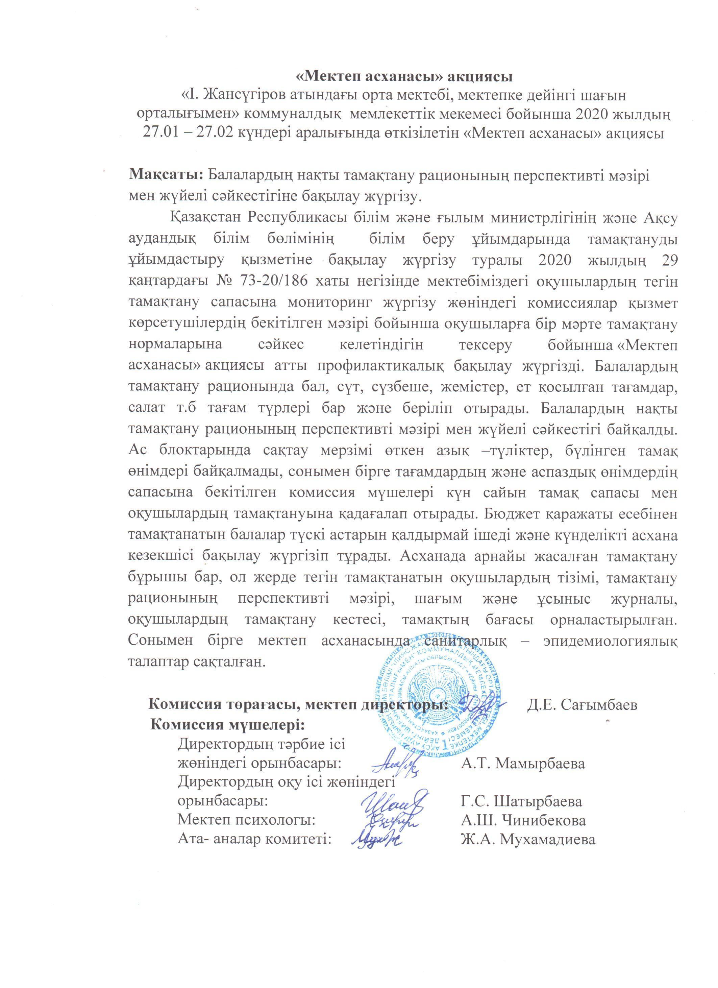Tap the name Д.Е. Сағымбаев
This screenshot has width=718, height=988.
pyautogui.click(x=582, y=704)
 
